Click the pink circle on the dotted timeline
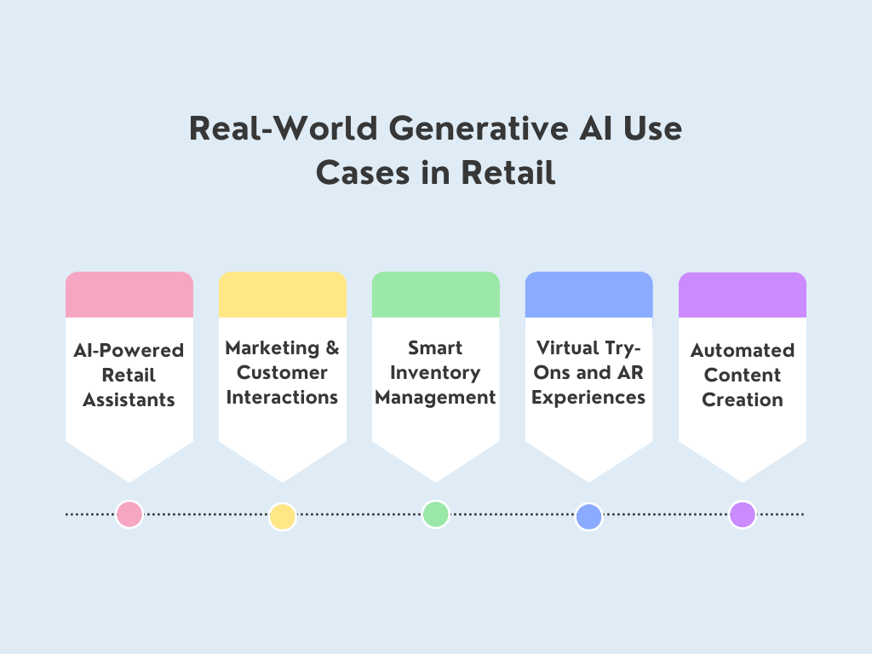129,514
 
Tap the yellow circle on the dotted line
282,517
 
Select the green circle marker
435,514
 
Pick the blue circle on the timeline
588,517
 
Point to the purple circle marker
742,514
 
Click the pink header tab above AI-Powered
129,295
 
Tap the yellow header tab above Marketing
283,295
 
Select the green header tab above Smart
436,295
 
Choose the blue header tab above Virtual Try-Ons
589,295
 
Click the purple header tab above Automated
743,295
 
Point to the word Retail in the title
508,173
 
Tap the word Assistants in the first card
129,399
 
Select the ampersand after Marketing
332,348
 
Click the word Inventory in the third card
435,373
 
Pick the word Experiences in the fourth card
588,397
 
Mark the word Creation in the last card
743,399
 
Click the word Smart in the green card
435,348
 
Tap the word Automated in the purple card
743,350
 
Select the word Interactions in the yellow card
282,397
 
